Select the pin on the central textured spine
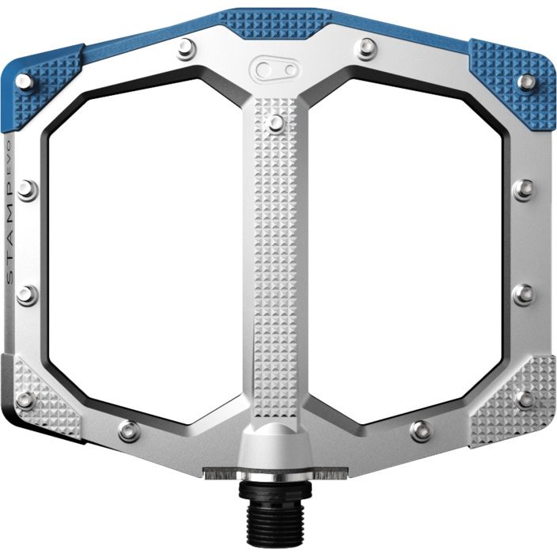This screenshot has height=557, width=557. tap(275, 123)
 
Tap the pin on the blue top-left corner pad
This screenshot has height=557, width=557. tap(25, 81)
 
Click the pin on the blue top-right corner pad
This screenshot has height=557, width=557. tap(527, 81)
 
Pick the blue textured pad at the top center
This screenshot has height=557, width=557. tap(275, 24)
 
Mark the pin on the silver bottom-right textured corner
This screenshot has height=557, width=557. tap(525, 399)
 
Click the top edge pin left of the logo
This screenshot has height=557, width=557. tap(187, 49)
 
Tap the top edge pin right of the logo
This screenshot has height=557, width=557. tap(366, 49)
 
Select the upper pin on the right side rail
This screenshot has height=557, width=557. tap(523, 189)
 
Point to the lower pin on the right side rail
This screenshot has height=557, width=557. tap(523, 294)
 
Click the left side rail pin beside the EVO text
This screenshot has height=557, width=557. tap(27, 190)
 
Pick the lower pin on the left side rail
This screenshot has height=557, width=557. tap(27, 295)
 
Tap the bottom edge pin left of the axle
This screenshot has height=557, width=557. tap(129, 431)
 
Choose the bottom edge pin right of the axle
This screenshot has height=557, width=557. tap(422, 431)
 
